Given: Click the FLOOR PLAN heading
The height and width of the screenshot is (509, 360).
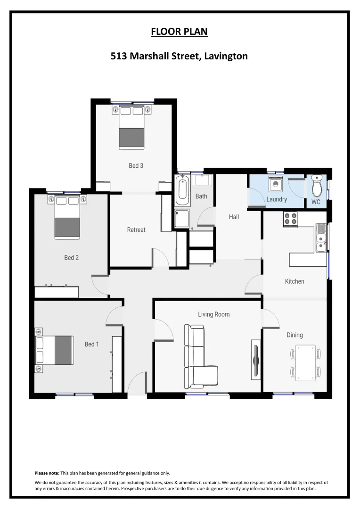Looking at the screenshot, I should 179,32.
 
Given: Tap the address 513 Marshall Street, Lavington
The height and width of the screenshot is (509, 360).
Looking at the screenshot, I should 179,57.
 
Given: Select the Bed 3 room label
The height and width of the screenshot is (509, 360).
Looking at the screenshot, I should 136,165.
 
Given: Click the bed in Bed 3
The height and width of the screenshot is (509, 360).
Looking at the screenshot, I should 131,128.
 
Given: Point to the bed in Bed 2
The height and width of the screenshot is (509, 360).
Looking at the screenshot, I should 67,217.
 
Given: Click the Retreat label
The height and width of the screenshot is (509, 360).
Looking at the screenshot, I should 136,230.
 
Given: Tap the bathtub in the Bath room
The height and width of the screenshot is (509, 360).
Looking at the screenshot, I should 182,190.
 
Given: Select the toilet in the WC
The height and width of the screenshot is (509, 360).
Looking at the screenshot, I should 317,187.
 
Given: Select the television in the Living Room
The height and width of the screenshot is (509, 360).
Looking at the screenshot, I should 256,358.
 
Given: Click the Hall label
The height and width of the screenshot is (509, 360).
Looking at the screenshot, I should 234,217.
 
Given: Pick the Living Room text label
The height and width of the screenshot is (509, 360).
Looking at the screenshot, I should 213,314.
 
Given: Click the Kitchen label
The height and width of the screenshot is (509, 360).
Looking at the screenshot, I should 295,281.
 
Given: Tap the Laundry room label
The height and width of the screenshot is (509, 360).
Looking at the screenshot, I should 277,199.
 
